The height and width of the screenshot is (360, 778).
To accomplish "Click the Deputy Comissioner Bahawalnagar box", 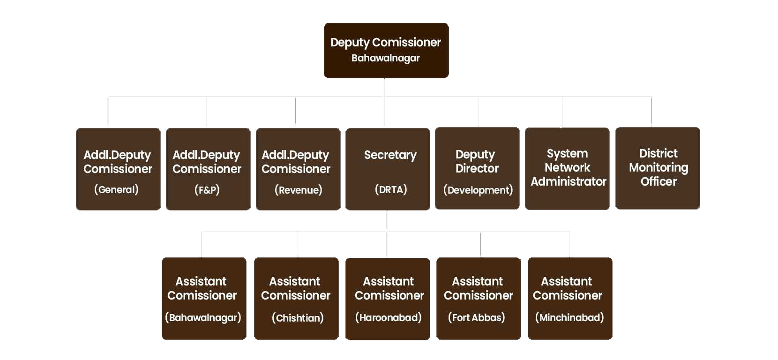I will click(x=386, y=50).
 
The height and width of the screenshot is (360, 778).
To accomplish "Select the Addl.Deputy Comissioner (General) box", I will click(x=118, y=169).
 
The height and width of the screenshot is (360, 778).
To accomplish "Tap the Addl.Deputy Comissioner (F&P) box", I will click(x=208, y=169).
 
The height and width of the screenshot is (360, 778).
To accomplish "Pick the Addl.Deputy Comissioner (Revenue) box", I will click(x=298, y=169).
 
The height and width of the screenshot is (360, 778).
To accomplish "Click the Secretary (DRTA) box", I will click(x=388, y=169).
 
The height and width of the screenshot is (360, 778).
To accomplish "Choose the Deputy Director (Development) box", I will click(x=477, y=168).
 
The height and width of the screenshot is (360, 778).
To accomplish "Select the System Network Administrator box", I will click(x=567, y=168).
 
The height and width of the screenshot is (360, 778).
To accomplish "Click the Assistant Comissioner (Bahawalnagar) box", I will click(x=204, y=298).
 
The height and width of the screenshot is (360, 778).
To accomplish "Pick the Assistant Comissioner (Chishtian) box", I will click(x=296, y=298).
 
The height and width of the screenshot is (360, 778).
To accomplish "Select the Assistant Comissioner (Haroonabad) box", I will click(x=388, y=299).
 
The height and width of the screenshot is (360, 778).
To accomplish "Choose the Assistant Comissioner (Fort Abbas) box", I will click(x=479, y=298).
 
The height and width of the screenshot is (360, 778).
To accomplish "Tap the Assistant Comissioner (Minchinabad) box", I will click(x=570, y=298).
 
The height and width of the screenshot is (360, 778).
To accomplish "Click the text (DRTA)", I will click(x=391, y=189).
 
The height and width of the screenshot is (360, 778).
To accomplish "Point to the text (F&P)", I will click(x=207, y=189).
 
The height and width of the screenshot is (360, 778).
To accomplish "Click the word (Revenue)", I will click(x=299, y=190).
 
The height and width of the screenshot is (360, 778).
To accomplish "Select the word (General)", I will click(x=116, y=189).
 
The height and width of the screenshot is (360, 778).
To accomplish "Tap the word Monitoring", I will click(x=658, y=167).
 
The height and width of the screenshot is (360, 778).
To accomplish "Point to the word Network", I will click(x=567, y=167).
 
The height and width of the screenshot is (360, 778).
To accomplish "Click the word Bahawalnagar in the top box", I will click(x=386, y=58).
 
